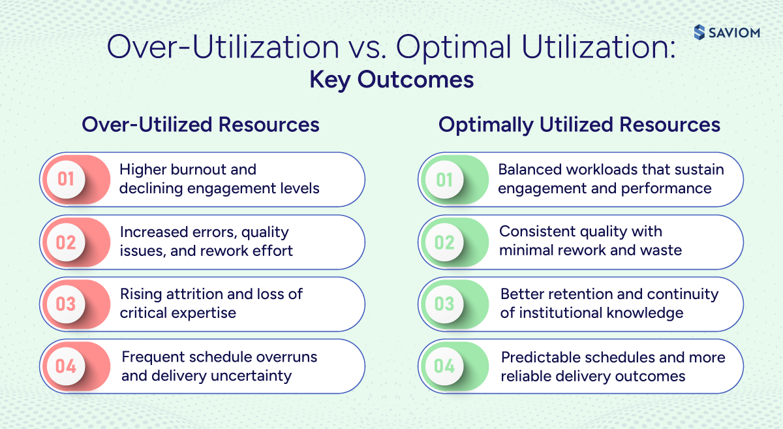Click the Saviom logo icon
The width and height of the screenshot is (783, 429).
click(700, 32)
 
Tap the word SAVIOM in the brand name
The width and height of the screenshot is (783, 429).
click(736, 33)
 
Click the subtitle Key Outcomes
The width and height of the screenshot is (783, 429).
click(391, 80)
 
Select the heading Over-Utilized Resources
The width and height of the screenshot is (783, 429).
click(200, 125)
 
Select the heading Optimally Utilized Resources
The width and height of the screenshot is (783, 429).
click(579, 125)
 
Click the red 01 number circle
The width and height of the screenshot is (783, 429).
click(66, 179)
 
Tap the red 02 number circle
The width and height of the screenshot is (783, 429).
click(66, 242)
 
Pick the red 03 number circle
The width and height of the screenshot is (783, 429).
click(66, 304)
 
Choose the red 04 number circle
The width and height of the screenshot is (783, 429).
click(66, 366)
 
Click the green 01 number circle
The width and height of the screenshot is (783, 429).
click(444, 179)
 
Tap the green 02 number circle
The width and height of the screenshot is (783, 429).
click(444, 242)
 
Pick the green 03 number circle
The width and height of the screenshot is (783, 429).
click(444, 304)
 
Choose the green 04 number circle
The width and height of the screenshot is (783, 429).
click(444, 366)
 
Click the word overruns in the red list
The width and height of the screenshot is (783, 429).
click(287, 357)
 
